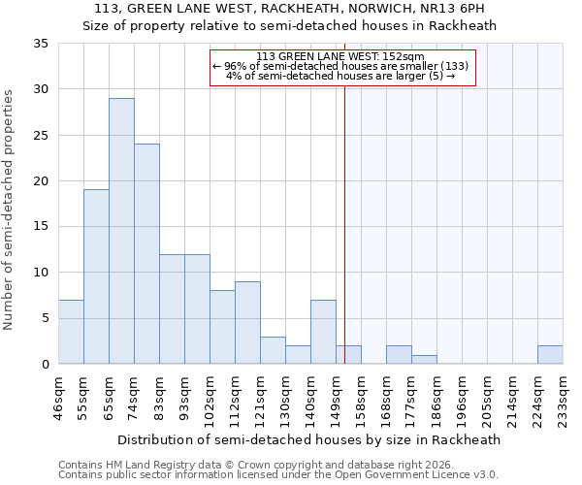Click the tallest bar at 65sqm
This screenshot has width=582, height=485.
tap(121, 231)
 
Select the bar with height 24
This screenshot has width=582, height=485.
tap(146, 254)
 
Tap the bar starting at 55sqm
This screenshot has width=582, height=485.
tap(96, 276)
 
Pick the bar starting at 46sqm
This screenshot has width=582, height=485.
tap(71, 332)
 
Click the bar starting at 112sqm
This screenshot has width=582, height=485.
tap(247, 323)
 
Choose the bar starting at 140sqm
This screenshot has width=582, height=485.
tap(323, 332)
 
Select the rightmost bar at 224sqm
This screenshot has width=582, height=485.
tap(550, 355)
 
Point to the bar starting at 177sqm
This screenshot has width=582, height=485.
tap(424, 359)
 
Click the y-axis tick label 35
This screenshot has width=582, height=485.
tap(40, 44)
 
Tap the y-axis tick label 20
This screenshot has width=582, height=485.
tap(40, 181)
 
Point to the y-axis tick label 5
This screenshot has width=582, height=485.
tap(44, 318)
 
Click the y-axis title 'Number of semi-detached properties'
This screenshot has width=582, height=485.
tap(10, 209)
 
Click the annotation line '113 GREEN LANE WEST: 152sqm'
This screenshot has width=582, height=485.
tap(340, 56)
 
